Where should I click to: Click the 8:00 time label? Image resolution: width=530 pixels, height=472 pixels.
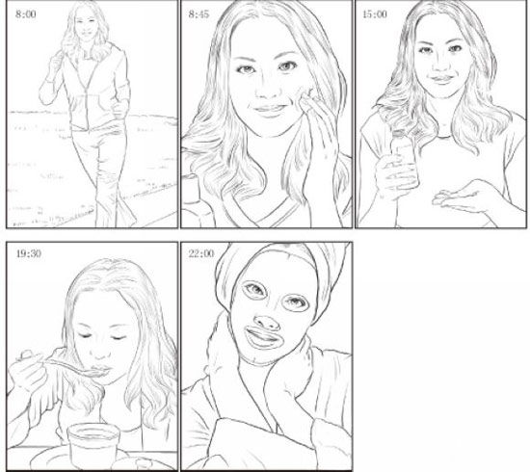26,14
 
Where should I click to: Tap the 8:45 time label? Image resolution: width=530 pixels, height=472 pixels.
199,14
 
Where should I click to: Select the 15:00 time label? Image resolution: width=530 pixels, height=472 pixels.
375,14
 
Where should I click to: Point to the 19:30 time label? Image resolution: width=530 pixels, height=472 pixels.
29,253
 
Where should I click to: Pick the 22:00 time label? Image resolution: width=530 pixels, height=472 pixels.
201,253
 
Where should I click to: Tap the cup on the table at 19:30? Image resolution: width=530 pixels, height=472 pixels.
93,445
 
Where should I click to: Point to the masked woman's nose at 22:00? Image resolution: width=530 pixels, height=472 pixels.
267,323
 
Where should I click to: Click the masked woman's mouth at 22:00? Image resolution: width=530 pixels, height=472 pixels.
262,337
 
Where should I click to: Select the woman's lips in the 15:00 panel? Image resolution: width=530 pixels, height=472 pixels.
441,79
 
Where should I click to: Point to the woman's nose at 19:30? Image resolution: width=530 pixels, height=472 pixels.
101,352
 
